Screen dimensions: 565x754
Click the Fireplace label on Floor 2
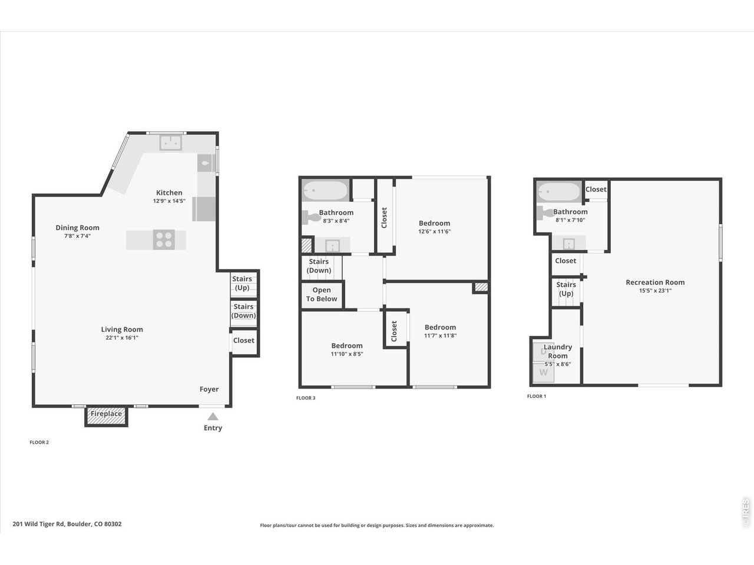coord(106,414)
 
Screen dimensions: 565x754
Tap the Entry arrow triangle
coord(213,417)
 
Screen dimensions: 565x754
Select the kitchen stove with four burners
coord(164,240)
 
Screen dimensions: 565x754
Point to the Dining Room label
coord(77,228)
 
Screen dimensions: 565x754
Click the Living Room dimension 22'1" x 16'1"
coord(122,338)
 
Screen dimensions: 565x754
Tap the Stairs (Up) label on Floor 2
coord(242,283)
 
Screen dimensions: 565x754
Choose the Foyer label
coord(209,389)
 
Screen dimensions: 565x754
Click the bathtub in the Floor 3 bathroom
coord(325,191)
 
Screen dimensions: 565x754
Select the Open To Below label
coord(321,294)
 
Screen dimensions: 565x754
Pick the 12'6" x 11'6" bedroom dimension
coord(434,232)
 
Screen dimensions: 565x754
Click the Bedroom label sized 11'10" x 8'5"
coord(346,345)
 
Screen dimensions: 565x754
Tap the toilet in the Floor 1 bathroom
coord(544,213)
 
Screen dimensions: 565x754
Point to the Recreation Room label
coord(655,282)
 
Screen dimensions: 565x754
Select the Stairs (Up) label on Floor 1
coord(566,289)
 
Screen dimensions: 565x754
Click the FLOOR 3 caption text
coord(306,398)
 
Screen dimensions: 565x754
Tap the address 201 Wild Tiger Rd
coord(67,524)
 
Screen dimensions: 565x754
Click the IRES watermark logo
coord(745,513)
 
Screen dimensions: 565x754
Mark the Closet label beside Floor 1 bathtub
coord(596,190)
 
